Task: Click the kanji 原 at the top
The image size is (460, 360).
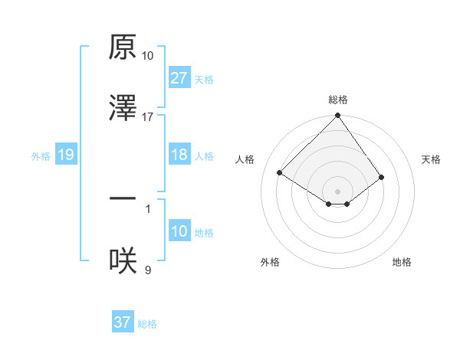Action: coord(123,48)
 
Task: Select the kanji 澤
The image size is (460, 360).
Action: coord(123,109)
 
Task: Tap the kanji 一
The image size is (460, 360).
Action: coord(123,198)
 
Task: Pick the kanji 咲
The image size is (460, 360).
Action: coord(123,261)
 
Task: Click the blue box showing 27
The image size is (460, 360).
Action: coord(179,77)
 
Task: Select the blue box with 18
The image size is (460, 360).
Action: coord(179,155)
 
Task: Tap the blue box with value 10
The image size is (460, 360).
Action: coord(179,231)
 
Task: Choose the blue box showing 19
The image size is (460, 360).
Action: coord(65,155)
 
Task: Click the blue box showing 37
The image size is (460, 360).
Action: coord(122,322)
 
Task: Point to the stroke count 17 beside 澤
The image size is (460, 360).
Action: coord(148,117)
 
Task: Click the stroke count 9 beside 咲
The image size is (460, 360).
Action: coord(148,269)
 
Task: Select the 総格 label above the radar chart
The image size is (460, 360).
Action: coord(338,100)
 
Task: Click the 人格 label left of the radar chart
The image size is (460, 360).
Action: coord(247,159)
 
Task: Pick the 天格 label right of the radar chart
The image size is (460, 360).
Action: coord(431,159)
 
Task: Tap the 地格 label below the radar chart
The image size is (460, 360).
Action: coord(402,262)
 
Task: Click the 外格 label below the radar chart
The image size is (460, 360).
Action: coord(270,262)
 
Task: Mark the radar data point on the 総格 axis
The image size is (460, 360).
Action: coord(338,116)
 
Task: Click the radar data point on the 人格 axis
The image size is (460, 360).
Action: coord(280,172)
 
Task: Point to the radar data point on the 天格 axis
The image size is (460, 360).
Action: coord(382,177)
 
